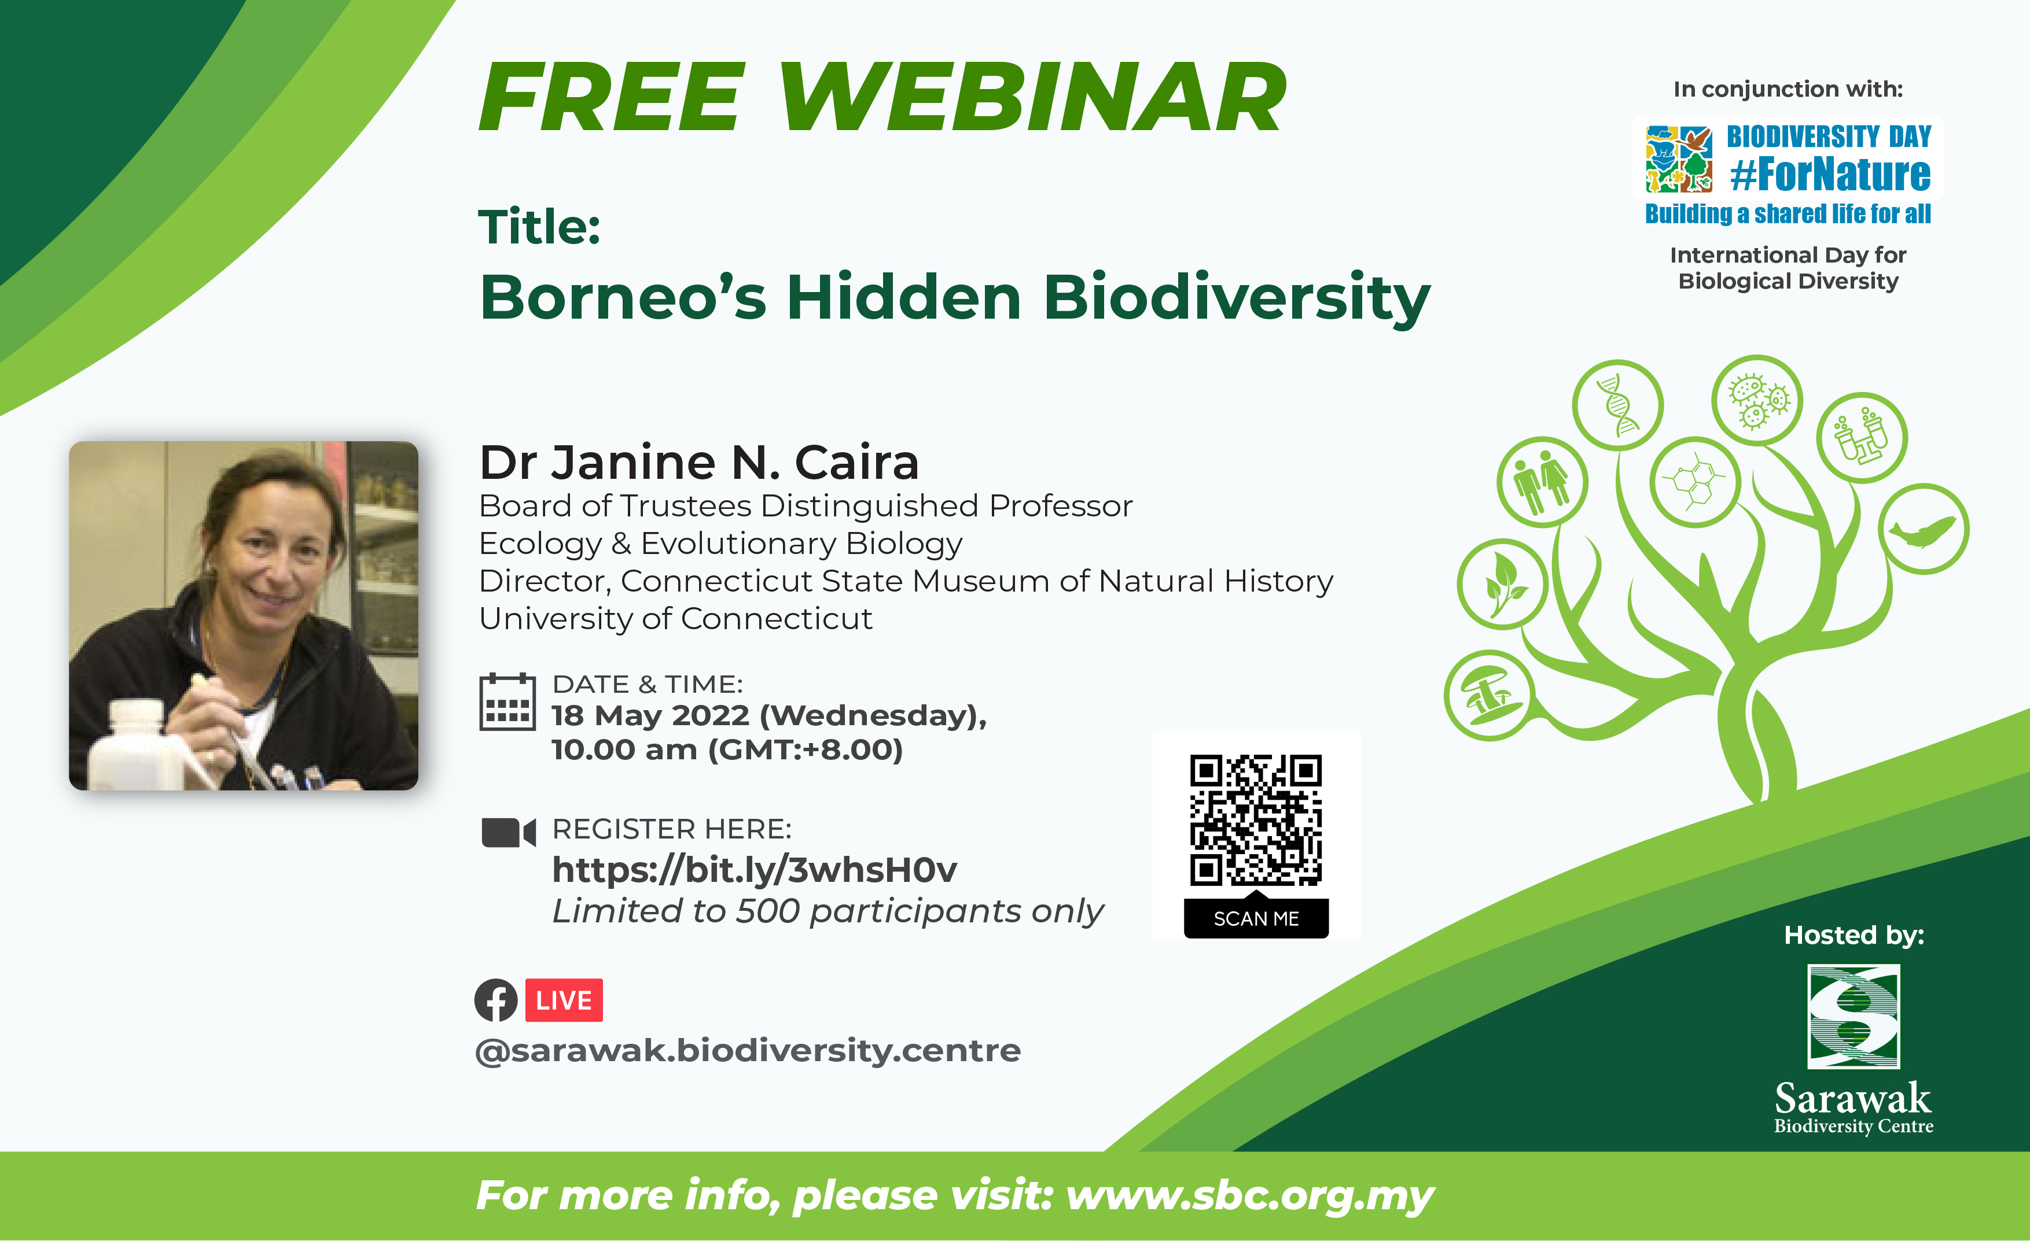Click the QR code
pyautogui.click(x=1256, y=819)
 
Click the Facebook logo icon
pyautogui.click(x=496, y=1000)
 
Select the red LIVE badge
pyautogui.click(x=564, y=1000)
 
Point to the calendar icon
pyautogui.click(x=507, y=701)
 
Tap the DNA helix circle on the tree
pyautogui.click(x=1617, y=405)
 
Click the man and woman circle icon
pyautogui.click(x=1542, y=482)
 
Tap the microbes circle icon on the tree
pyautogui.click(x=1757, y=400)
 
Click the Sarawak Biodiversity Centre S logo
pyautogui.click(x=1854, y=1016)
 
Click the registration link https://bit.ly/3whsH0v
pyautogui.click(x=755, y=870)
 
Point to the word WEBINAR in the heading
pyautogui.click(x=1033, y=97)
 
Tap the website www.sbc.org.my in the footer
pyautogui.click(x=1251, y=1195)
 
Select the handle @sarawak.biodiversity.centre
pyautogui.click(x=748, y=1051)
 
